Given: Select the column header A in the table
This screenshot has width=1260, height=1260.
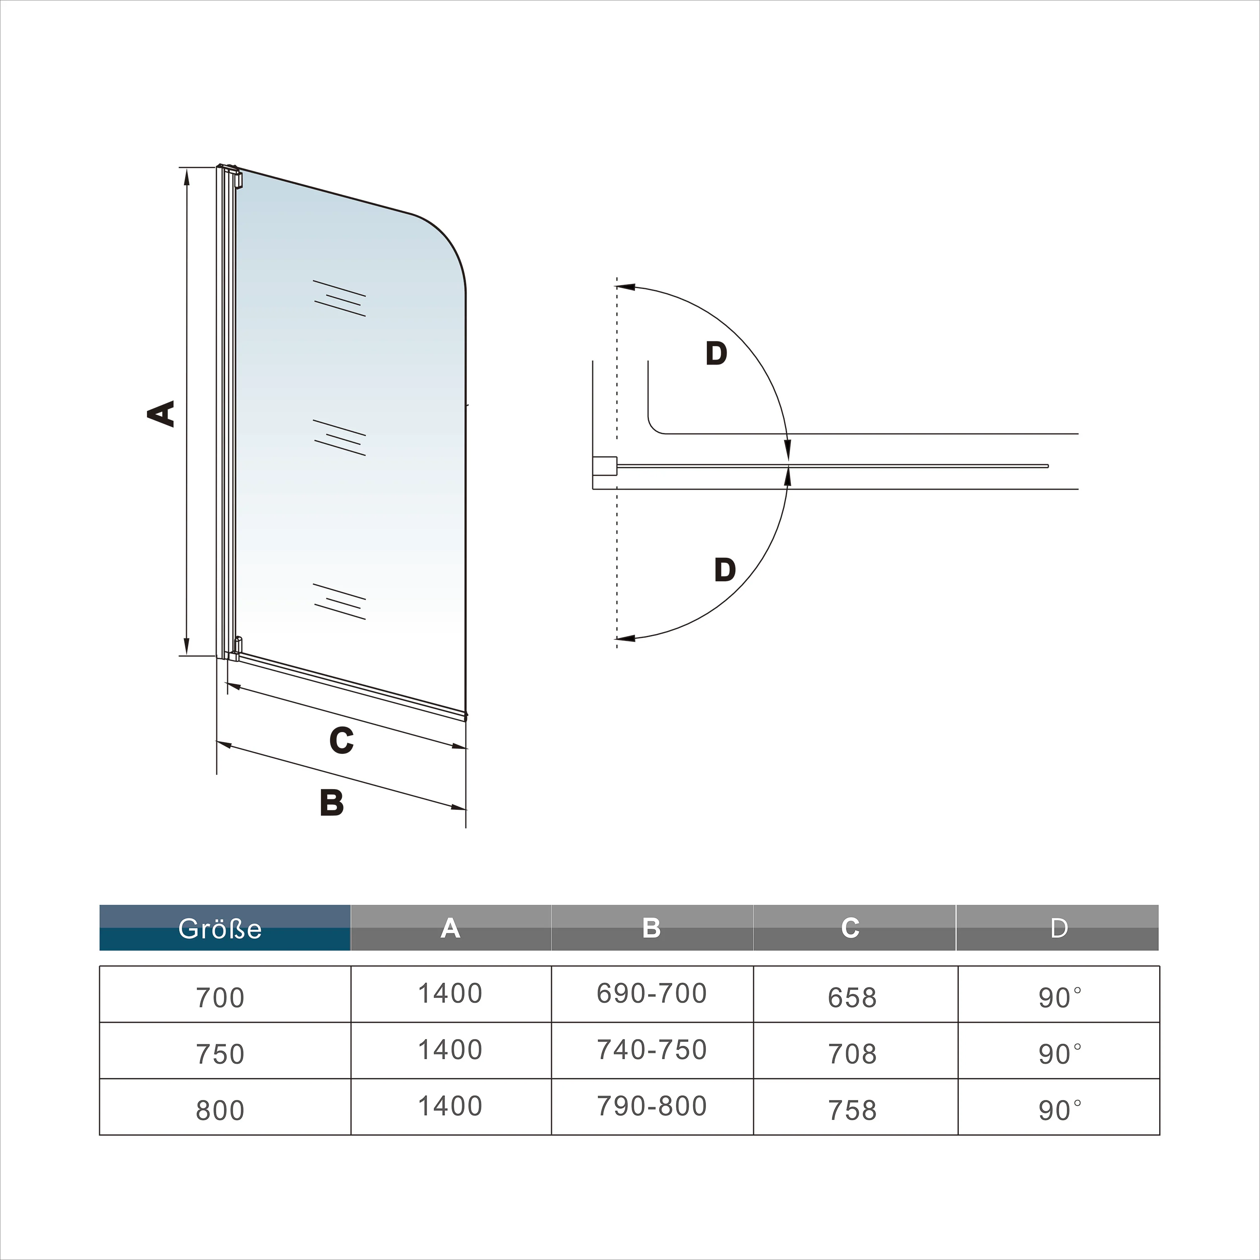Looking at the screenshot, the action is coord(451,927).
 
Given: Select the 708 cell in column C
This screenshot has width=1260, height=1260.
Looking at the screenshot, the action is coord(853,1054).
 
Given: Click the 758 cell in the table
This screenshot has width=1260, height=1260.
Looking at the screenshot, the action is coord(853,1110).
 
